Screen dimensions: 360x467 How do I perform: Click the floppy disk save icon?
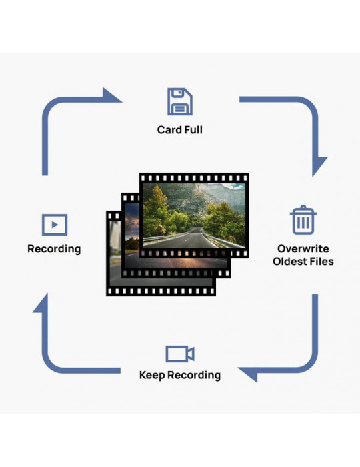180,101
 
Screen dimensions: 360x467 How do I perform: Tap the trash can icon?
303,219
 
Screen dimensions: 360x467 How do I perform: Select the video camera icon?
180,354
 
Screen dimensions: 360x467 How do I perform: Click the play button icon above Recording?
55,225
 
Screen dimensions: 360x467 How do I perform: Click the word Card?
169,130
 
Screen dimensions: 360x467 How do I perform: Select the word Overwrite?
303,249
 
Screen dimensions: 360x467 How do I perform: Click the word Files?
321,262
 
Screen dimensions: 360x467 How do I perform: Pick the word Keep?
152,375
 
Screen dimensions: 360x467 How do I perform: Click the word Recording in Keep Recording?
194,375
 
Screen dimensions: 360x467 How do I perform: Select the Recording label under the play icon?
54,249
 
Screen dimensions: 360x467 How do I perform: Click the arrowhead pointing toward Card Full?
111,95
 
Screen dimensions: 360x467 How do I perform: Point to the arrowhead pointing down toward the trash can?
319,166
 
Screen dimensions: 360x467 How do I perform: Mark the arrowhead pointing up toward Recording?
41,304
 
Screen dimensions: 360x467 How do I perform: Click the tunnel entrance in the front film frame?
195,230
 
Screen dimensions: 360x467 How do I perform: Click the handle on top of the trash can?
303,208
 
